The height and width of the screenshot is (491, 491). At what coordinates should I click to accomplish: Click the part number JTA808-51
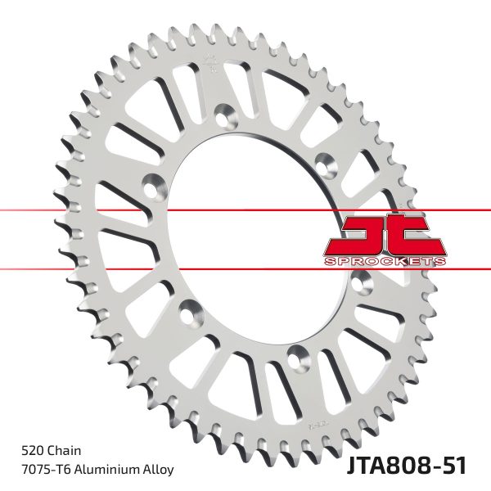pyautogui.click(x=409, y=466)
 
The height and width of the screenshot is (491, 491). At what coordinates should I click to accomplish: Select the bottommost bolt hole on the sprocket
pyautogui.click(x=296, y=354)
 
